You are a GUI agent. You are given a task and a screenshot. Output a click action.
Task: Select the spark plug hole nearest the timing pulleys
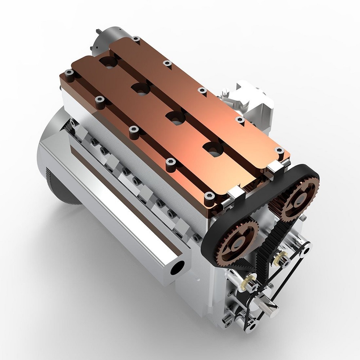213,149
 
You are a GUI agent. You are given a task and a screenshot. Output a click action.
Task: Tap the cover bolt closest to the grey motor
136,39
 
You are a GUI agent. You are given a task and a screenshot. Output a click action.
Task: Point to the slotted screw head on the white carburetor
225,93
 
